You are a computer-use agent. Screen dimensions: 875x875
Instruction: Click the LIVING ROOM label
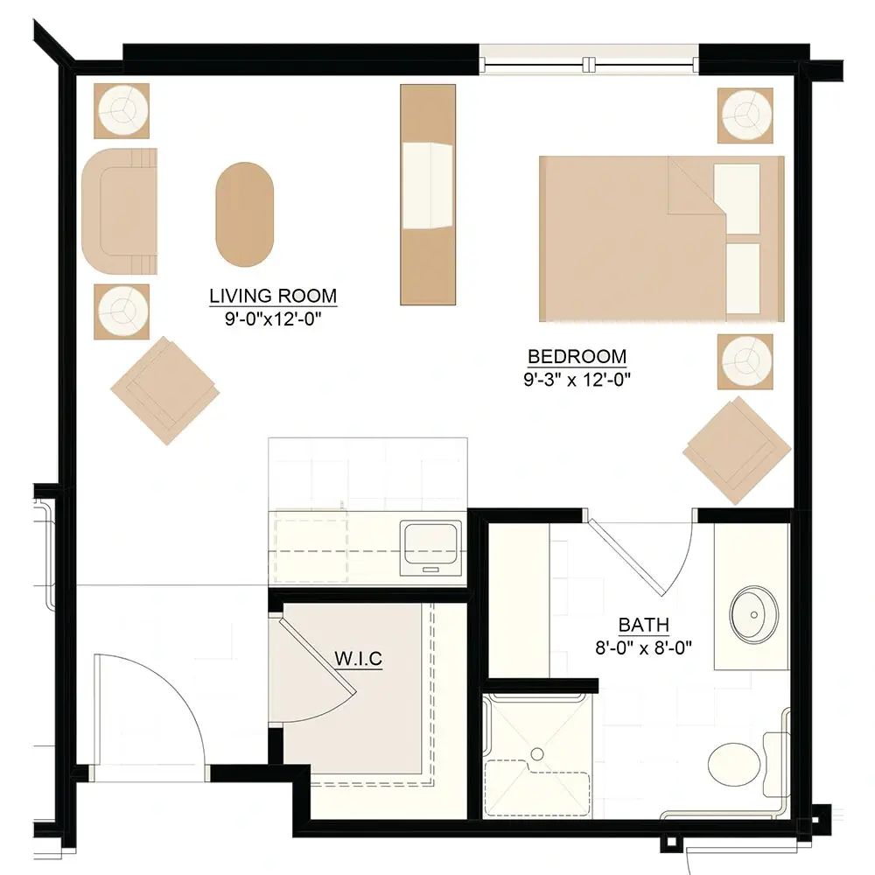pos(273,295)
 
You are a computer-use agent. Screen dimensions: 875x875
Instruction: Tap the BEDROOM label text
pos(577,356)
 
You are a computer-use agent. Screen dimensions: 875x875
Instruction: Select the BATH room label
pos(643,625)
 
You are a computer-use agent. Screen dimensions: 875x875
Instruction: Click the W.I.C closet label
pos(358,659)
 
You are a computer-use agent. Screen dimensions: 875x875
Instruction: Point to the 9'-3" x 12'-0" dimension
pos(577,380)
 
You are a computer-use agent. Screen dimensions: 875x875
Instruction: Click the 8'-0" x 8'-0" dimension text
pos(643,647)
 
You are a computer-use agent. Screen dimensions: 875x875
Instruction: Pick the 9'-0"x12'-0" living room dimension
pos(273,318)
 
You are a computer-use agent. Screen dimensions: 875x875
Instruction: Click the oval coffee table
pos(244,214)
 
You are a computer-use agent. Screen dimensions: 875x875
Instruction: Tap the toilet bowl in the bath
pos(734,763)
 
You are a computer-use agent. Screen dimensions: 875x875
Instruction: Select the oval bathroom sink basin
pos(754,614)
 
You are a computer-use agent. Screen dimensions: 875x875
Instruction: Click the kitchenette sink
pos(430,548)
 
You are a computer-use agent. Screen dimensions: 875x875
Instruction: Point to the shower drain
pos(537,754)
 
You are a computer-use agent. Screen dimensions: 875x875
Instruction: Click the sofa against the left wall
pos(119,211)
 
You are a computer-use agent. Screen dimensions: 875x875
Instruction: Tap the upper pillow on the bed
pos(737,199)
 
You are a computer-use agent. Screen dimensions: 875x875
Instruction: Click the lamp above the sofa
pos(122,110)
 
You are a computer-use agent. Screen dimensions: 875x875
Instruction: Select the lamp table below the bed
pos(745,361)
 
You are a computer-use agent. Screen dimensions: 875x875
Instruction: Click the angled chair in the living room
pos(164,390)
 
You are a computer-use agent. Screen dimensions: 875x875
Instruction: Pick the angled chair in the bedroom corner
pos(737,451)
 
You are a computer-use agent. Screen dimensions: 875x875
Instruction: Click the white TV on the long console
pos(428,185)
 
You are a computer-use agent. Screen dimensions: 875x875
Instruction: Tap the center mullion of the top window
pos(589,65)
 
